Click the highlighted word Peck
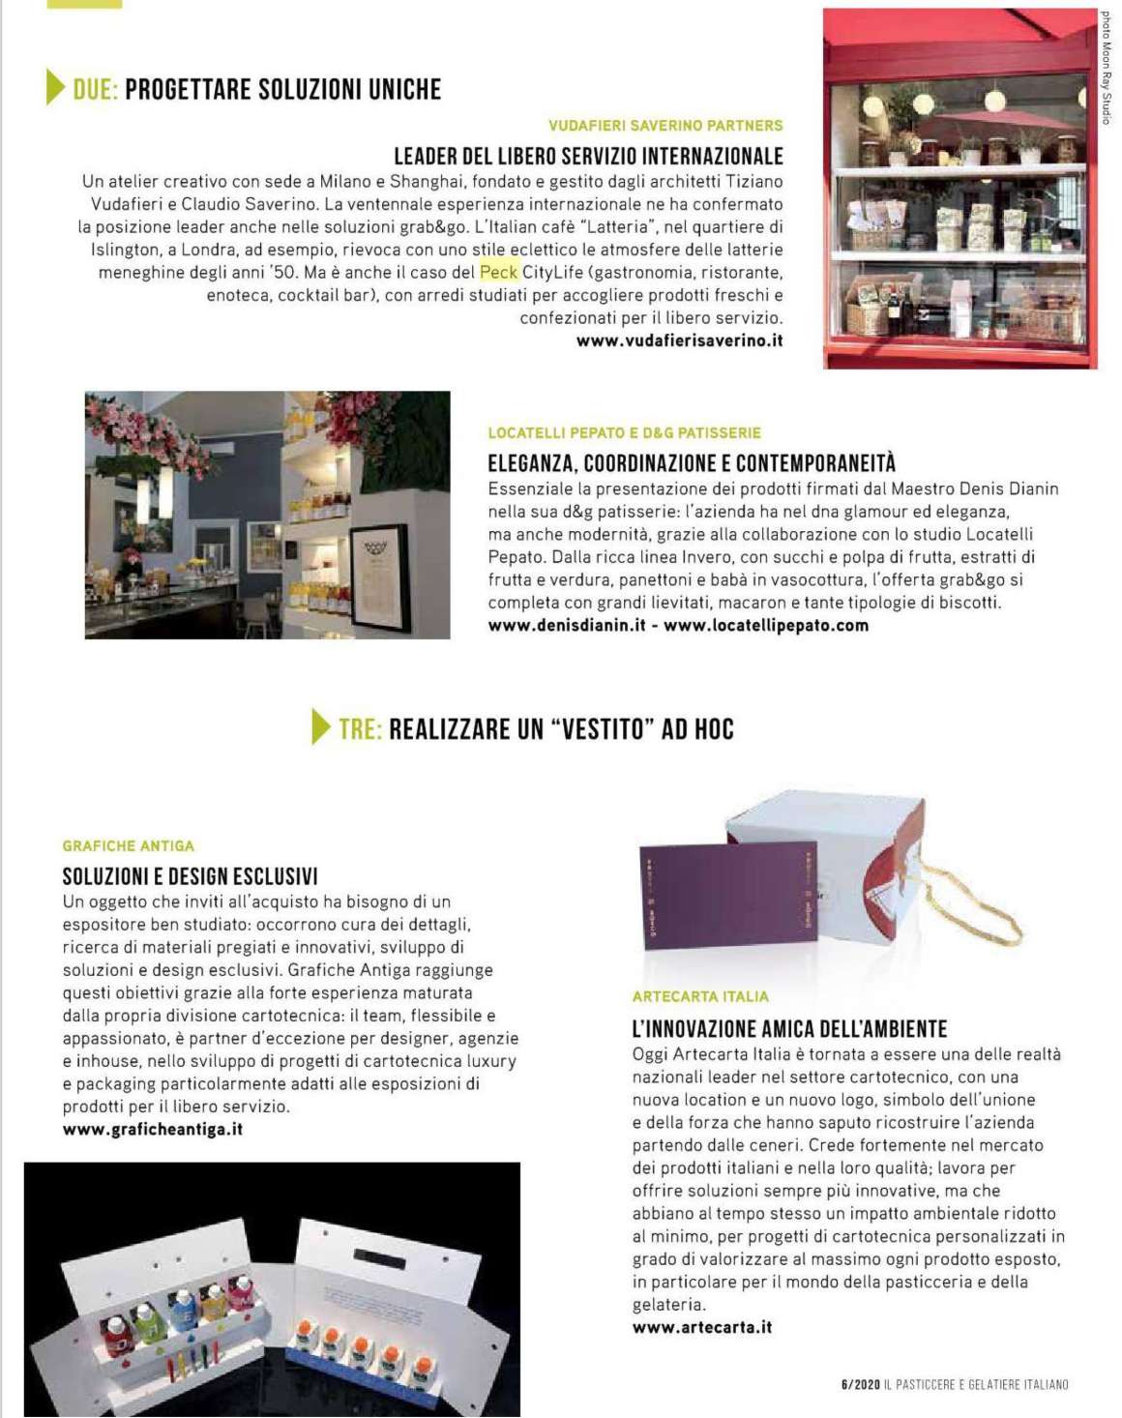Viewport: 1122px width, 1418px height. tap(499, 273)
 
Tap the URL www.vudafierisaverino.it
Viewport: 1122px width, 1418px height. tap(679, 340)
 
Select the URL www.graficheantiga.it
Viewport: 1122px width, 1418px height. tap(153, 1129)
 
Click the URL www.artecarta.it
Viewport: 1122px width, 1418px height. tap(702, 1327)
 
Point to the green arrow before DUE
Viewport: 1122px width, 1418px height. tap(56, 88)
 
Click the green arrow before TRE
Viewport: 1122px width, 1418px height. tap(321, 726)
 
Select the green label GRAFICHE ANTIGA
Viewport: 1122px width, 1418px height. tap(129, 845)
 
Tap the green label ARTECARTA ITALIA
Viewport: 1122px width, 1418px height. tap(700, 996)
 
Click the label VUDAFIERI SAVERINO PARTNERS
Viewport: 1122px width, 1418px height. tap(665, 126)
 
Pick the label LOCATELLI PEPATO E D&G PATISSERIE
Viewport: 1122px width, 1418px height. tap(624, 433)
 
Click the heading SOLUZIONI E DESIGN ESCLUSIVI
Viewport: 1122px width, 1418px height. tap(190, 876)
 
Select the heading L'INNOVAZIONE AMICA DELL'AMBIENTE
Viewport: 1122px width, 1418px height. tap(789, 1029)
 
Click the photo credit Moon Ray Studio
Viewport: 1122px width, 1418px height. tap(1107, 68)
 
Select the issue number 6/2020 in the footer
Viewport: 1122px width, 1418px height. tap(860, 1385)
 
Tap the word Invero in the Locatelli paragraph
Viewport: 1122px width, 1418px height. tap(707, 557)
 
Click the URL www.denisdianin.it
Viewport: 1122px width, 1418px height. tap(567, 625)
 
